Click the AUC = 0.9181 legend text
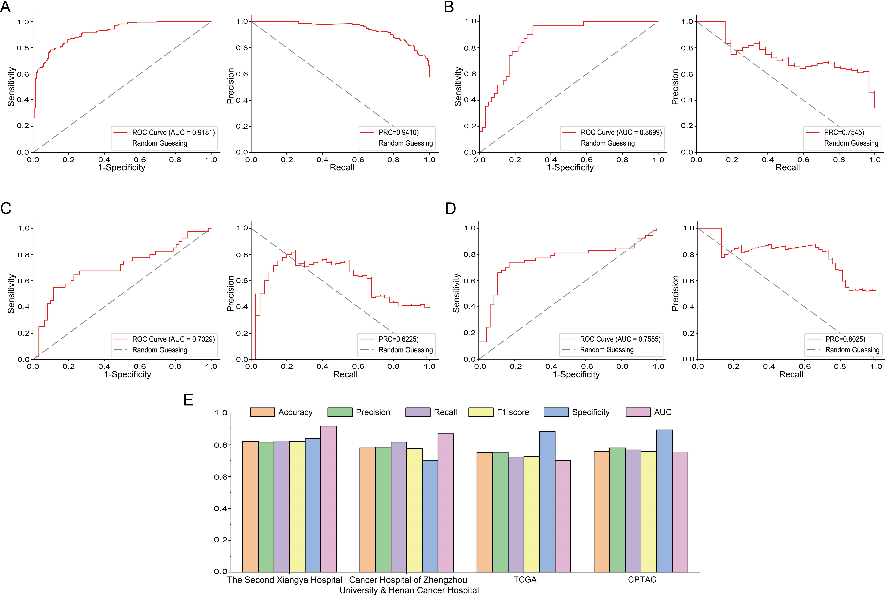173,132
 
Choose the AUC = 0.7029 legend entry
173,339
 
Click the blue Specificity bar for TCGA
547,501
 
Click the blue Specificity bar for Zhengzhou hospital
430,516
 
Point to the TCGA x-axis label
525,580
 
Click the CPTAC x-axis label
642,580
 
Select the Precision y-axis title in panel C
230,293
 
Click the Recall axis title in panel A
342,167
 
